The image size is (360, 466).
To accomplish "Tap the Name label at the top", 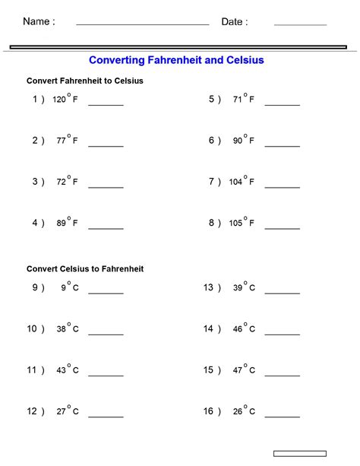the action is click(39, 22).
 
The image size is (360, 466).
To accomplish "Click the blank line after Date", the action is click(300, 24).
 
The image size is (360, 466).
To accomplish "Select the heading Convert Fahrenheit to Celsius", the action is click(85, 81).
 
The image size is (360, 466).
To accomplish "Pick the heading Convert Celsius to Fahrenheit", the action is click(85, 269).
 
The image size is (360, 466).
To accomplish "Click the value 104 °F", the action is click(242, 182).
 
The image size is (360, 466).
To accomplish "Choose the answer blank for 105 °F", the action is click(282, 227).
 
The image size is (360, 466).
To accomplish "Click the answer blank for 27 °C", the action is click(106, 416).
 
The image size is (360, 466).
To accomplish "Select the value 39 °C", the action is click(244, 287).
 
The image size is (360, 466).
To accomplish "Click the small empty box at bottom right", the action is click(299, 454).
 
